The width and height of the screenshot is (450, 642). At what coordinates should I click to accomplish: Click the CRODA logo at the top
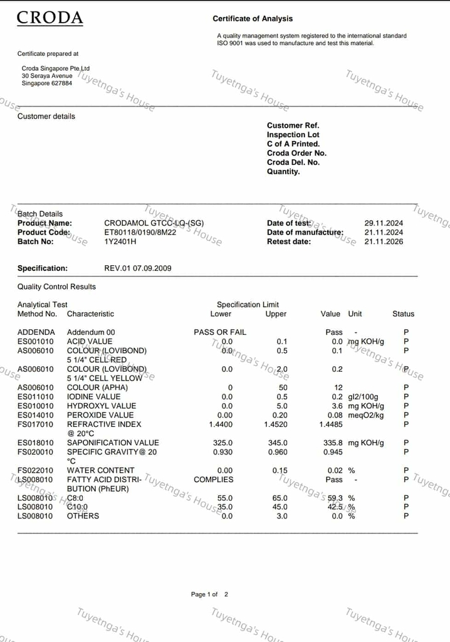pos(50,18)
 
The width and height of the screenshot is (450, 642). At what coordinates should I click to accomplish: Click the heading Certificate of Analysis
pos(253,19)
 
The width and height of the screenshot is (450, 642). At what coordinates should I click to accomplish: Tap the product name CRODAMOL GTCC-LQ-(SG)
pos(154,223)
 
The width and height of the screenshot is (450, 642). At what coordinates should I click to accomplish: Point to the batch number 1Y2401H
pos(120,241)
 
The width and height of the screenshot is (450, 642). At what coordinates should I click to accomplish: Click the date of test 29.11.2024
pos(384,223)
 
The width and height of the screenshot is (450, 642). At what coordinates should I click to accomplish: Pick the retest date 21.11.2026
pos(384,241)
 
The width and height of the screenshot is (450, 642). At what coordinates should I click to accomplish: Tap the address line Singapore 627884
pos(47,83)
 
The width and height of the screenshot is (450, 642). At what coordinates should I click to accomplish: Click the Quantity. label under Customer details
pos(283,172)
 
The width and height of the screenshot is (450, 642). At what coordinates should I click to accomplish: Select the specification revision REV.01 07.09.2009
pos(137,268)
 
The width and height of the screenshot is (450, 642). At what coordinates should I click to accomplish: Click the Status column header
pos(403,313)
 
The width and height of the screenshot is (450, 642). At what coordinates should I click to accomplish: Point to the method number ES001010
pos(36,342)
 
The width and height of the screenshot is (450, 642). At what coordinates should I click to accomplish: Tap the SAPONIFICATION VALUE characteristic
pos(113,443)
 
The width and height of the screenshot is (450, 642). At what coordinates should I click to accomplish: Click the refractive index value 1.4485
pos(331,424)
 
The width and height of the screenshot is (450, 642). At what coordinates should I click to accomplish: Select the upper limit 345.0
pos(276,443)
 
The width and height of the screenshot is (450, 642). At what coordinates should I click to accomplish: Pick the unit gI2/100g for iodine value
pos(364,397)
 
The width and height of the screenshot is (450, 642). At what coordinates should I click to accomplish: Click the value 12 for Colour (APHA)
pos(338,387)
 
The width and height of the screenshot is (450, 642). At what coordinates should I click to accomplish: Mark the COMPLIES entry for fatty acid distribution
pos(213,480)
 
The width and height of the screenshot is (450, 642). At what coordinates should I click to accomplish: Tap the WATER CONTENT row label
pos(100,470)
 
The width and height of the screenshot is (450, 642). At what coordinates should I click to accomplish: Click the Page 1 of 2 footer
pos(209,594)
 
